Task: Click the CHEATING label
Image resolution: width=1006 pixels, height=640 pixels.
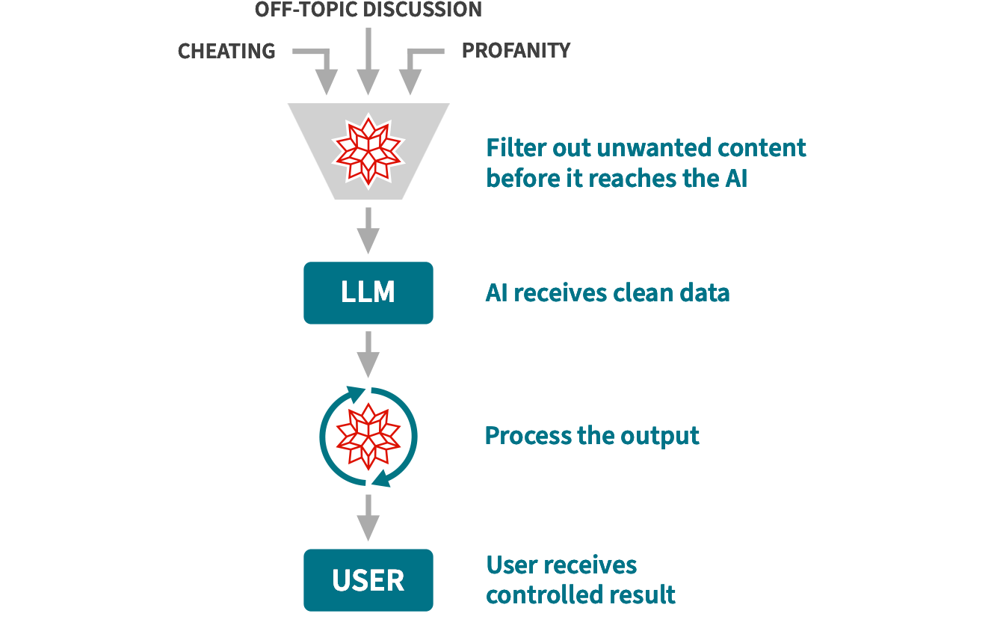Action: click(x=226, y=51)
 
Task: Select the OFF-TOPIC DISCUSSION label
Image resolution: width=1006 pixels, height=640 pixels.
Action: click(x=368, y=10)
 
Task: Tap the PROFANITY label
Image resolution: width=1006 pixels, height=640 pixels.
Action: click(x=516, y=50)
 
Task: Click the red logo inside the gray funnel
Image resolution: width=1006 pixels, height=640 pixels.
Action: click(x=368, y=150)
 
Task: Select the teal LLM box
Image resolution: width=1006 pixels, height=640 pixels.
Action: click(x=368, y=292)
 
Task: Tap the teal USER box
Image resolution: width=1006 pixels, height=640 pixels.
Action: click(x=368, y=580)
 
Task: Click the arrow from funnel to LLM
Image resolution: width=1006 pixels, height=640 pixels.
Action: click(x=368, y=230)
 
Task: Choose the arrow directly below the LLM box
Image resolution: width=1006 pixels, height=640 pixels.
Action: click(x=368, y=354)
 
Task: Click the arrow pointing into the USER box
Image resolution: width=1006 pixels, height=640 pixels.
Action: click(x=368, y=517)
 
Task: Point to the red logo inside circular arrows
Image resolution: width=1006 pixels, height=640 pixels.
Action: click(x=368, y=437)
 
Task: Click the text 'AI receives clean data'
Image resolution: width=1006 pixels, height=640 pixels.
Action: click(x=607, y=293)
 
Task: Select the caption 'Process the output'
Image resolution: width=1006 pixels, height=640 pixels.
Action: click(x=592, y=436)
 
